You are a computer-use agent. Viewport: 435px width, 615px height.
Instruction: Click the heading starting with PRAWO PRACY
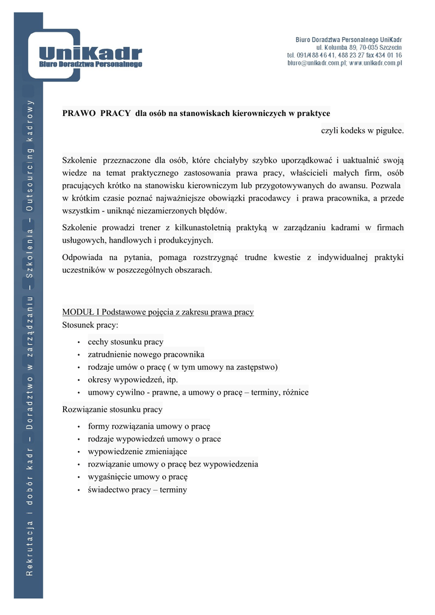point(196,113)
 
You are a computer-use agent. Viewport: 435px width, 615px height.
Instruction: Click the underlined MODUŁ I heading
point(158,312)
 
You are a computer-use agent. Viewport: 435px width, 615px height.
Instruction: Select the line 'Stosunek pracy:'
point(90,325)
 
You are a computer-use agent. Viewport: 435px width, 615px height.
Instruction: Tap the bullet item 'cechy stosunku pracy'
point(125,342)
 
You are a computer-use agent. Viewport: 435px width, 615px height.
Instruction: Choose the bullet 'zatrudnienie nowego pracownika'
point(146,354)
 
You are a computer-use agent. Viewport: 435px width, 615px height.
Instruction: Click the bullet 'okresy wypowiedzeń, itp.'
point(133,380)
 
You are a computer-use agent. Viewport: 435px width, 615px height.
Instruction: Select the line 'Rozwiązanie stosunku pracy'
point(112,410)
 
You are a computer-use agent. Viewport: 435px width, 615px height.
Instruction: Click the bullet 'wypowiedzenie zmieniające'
point(137,452)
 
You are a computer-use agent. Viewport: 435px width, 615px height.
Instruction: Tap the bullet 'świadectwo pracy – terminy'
point(137,489)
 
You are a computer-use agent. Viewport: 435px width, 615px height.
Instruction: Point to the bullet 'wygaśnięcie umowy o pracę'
point(138,477)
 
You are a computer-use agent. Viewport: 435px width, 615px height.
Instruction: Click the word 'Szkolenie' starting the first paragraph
point(79,160)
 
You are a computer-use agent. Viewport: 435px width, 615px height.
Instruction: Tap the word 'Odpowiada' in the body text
point(81,258)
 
